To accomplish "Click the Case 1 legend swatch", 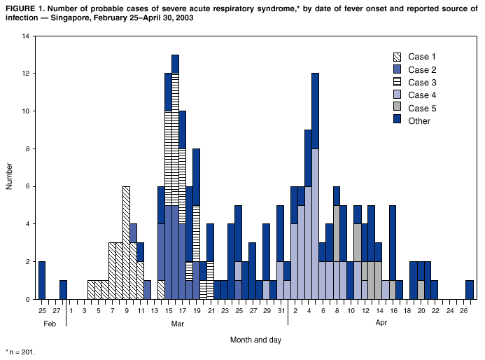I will pyautogui.click(x=398, y=57).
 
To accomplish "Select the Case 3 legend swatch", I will pyautogui.click(x=398, y=83).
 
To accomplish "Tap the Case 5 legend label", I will pyautogui.click(x=423, y=108).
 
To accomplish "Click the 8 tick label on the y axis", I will pyautogui.click(x=28, y=148).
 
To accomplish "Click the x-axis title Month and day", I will pyautogui.click(x=256, y=339).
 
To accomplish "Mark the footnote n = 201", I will pyautogui.click(x=21, y=352).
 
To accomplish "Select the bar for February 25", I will pyautogui.click(x=42, y=280).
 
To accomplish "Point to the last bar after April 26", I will pyautogui.click(x=469, y=290).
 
